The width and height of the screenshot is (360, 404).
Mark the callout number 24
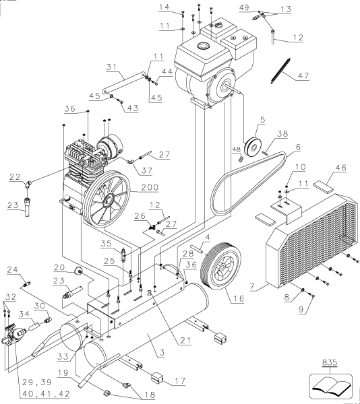coord(28,271)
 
